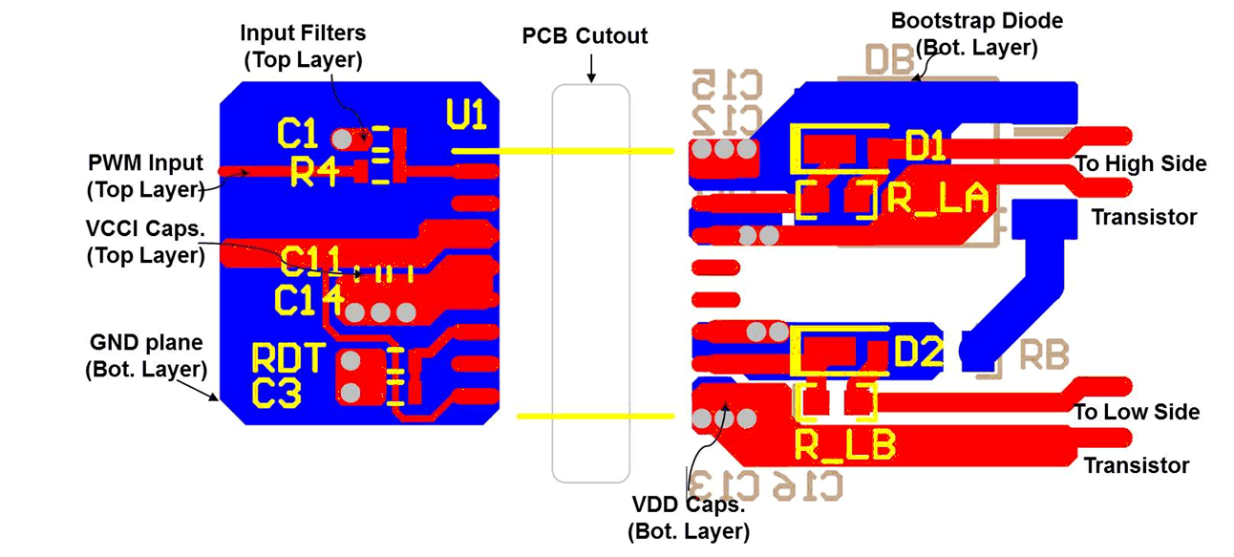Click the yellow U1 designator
[467, 115]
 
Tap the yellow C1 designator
[297, 134]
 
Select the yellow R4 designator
[314, 173]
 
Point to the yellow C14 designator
[308, 300]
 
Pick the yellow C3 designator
[277, 393]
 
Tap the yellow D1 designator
[925, 147]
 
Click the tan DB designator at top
[889, 60]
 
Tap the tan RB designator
[1044, 354]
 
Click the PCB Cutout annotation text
[585, 36]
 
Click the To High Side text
[1140, 163]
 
